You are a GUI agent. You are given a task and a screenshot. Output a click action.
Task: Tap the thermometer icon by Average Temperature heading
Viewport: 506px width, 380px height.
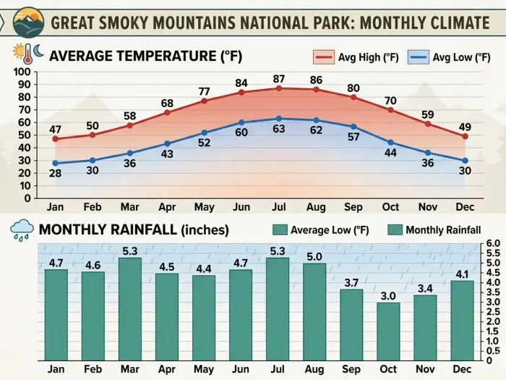pyautogui.click(x=19, y=55)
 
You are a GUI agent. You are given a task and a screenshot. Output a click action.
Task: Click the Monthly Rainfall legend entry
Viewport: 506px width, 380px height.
pyautogui.click(x=434, y=230)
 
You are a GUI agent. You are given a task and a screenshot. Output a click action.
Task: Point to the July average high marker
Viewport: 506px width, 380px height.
pyautogui.click(x=279, y=88)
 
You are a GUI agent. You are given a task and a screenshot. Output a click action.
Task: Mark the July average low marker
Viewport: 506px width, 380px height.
pyautogui.click(x=279, y=118)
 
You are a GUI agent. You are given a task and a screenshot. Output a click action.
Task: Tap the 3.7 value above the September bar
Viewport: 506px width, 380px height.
pyautogui.click(x=351, y=282)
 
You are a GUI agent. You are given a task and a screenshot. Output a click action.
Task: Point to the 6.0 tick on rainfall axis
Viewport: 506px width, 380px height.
pyautogui.click(x=493, y=244)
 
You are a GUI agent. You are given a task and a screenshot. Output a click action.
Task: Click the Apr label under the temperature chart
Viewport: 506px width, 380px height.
pyautogui.click(x=167, y=208)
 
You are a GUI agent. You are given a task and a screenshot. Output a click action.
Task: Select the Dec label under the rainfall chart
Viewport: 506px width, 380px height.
pyautogui.click(x=462, y=369)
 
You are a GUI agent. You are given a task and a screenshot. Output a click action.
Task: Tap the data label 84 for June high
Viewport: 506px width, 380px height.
pyautogui.click(x=241, y=83)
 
